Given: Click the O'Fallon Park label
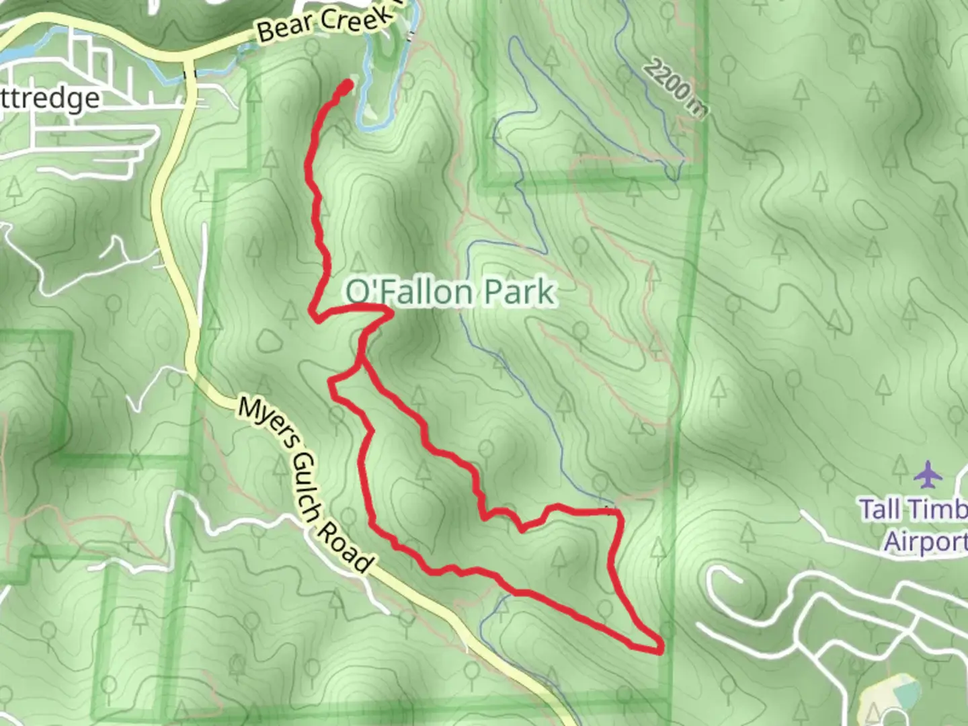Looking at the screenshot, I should pos(450,292).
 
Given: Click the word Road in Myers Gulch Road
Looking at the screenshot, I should pos(344,549).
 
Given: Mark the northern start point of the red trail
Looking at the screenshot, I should pos(348,85).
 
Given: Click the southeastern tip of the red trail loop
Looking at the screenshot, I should pos(661,649).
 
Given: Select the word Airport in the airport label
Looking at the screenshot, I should pos(925,541).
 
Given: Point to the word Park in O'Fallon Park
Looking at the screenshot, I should pos(520,292).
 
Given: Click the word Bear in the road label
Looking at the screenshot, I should pos(285,28).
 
